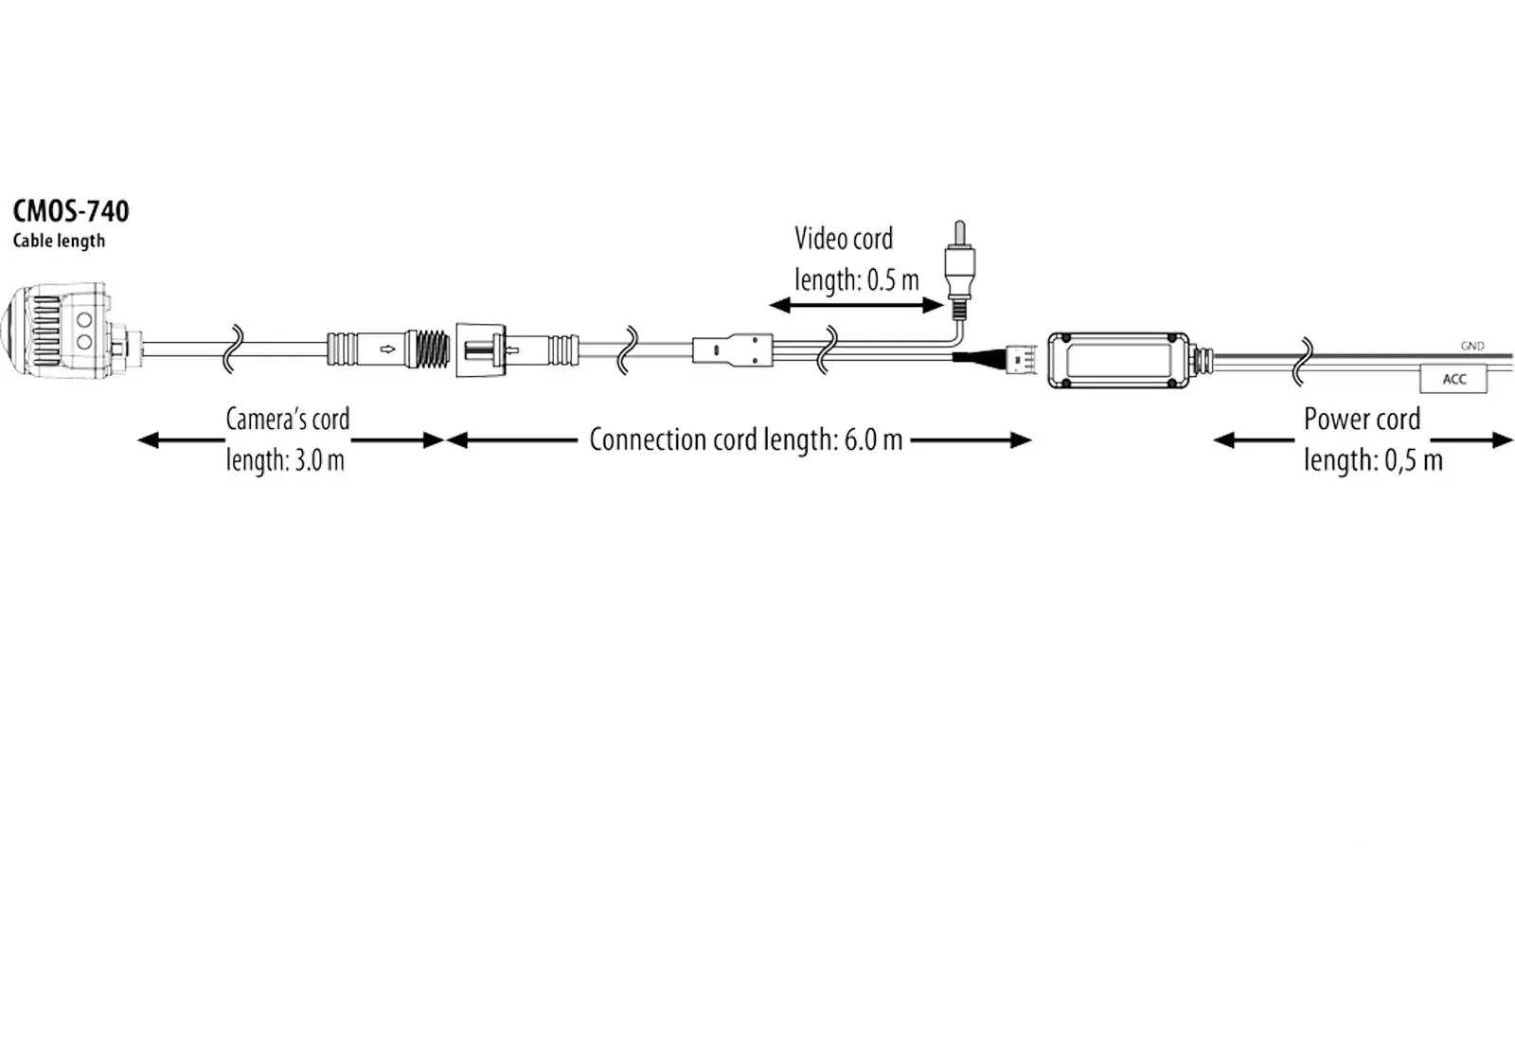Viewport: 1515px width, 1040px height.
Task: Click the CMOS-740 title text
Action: [x=71, y=211]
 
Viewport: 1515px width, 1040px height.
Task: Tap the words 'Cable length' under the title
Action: [x=59, y=241]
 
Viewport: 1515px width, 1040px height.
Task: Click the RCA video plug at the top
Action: [x=960, y=269]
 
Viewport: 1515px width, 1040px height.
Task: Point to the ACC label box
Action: [x=1453, y=379]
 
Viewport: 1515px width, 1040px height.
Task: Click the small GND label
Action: [x=1472, y=346]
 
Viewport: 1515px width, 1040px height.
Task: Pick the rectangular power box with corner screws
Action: [x=1118, y=360]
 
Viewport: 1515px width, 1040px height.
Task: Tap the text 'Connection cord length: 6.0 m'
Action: [x=746, y=439]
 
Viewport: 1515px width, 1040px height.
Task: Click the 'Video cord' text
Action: [x=844, y=239]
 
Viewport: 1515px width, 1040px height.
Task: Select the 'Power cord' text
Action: [x=1363, y=420]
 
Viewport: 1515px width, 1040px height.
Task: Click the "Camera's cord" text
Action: [x=288, y=420]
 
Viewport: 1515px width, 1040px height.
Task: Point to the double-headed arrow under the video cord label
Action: [x=856, y=306]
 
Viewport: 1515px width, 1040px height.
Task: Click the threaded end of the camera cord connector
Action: [x=431, y=350]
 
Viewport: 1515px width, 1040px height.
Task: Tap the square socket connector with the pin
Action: [x=481, y=350]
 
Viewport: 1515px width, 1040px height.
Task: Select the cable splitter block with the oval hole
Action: [x=733, y=350]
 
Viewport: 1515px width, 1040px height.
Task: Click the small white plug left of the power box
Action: [x=1022, y=359]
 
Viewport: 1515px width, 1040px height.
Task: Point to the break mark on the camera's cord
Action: [x=233, y=350]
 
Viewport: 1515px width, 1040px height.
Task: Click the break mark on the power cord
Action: [x=1303, y=362]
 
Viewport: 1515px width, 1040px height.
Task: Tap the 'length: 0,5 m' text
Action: [x=1373, y=460]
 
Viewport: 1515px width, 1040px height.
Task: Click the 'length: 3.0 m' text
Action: [x=285, y=460]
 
